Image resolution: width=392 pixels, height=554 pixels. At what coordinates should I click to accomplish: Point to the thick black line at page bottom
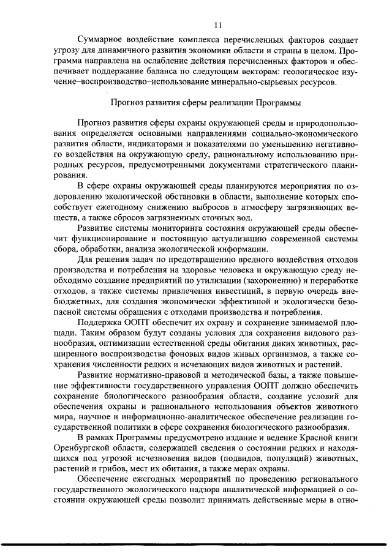[196, 544]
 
